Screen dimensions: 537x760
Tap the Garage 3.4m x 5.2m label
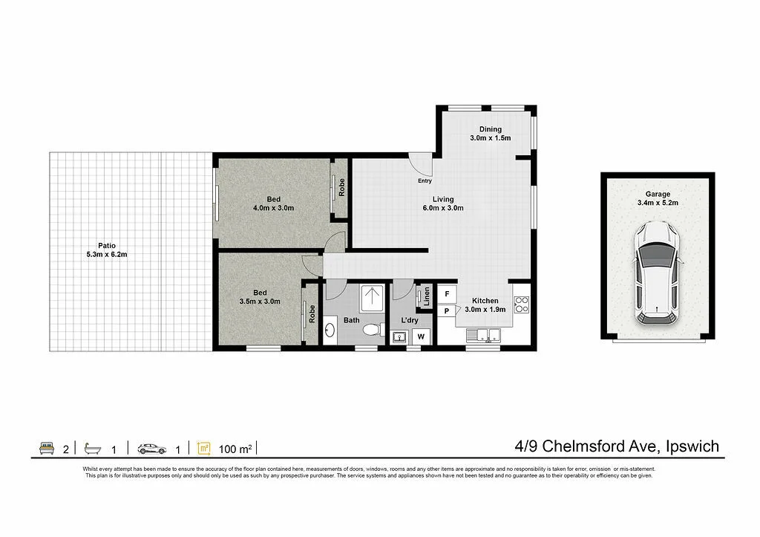tap(658, 198)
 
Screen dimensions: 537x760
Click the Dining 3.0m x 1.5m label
tap(490, 134)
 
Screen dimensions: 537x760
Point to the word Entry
tap(425, 181)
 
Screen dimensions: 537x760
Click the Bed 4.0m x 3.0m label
tap(273, 204)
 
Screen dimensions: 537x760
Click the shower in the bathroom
tap(370, 299)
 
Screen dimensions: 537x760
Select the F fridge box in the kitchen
tap(447, 294)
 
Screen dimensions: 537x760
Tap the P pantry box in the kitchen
tap(447, 312)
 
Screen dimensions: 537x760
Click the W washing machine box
tap(421, 336)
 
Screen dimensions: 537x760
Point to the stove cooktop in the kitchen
tap(522, 304)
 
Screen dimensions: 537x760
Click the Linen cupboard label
tap(427, 296)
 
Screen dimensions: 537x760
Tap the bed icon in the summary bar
tap(47, 448)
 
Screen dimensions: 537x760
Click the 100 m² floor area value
tap(236, 448)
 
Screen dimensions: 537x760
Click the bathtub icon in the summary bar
tap(92, 448)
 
